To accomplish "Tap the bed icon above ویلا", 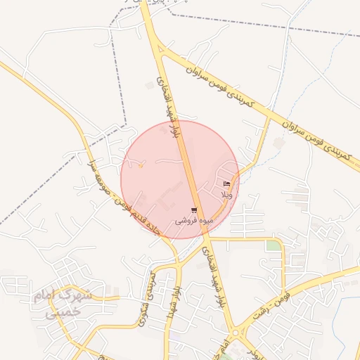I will (x=226, y=184).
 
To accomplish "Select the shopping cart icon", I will (x=194, y=210).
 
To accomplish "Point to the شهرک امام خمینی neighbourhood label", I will (x=63, y=304).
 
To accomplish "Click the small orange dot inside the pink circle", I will (x=141, y=166).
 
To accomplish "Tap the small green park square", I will (x=273, y=245).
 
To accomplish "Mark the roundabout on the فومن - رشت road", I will (x=236, y=332).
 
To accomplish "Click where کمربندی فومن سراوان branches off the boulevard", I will (x=162, y=49).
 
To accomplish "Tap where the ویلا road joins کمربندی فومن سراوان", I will (x=269, y=119).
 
